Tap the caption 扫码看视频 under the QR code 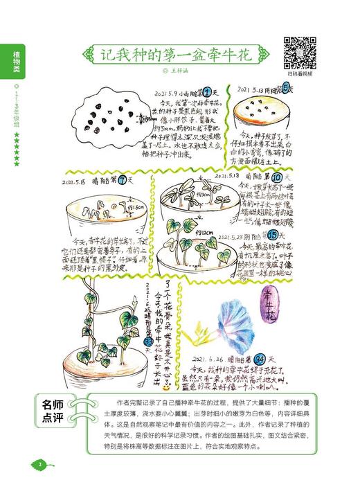(300, 73)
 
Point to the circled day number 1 (206, 91)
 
